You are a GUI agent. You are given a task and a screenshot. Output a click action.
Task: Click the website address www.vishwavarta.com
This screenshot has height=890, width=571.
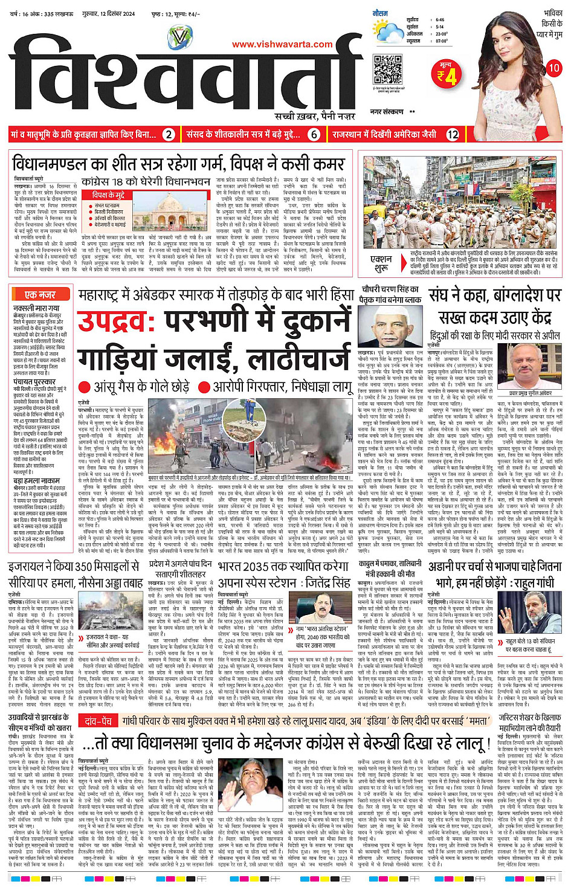[x=282, y=44]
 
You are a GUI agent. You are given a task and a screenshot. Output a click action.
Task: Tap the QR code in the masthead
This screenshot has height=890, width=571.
[x=387, y=69]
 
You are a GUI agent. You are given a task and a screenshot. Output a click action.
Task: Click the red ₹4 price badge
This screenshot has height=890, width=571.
[x=448, y=76]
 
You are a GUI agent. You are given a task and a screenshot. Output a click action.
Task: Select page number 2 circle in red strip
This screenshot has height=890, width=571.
[x=169, y=135]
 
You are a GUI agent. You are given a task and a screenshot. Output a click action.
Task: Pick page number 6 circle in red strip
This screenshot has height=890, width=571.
[x=314, y=135]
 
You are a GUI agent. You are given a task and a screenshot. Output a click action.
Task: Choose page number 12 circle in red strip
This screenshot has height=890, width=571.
[x=453, y=135]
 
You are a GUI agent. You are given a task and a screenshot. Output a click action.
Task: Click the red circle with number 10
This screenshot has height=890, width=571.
[x=553, y=68]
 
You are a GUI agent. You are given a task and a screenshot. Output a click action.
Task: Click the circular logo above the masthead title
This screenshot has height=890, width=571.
[x=179, y=38]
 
